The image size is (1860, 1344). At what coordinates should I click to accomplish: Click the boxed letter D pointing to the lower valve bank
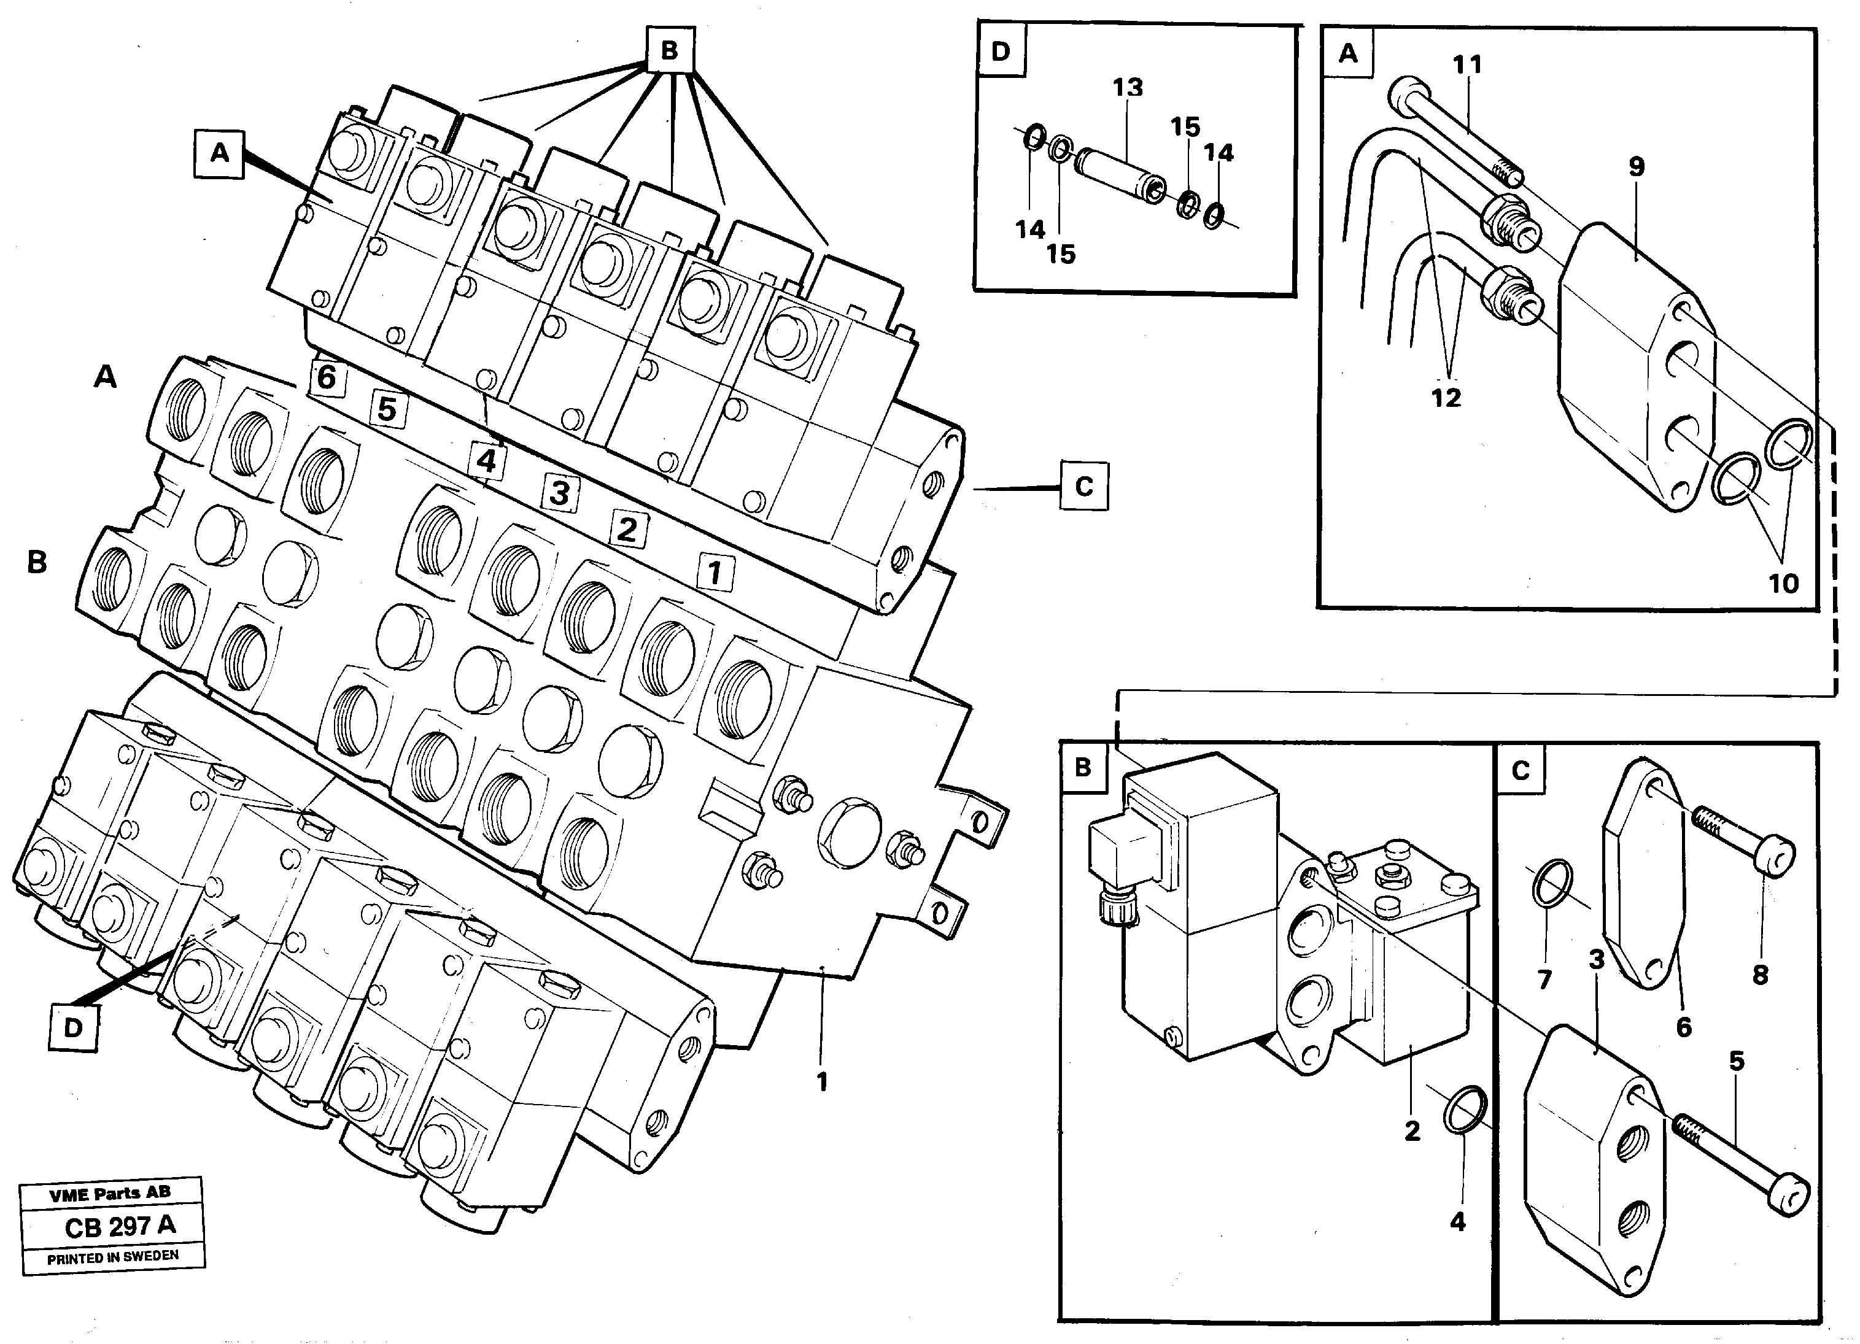point(74,1027)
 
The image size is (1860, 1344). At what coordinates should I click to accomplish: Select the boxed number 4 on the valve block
point(486,460)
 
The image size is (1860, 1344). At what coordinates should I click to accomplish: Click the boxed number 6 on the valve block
point(327,378)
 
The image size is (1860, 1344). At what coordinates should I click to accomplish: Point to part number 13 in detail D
point(1128,88)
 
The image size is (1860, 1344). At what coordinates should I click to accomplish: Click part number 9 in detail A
point(1636,168)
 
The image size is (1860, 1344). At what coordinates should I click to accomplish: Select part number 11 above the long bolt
point(1468,65)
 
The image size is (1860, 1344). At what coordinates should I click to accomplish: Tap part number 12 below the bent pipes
point(1446,398)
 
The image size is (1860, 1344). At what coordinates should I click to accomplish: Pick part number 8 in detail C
point(1760,975)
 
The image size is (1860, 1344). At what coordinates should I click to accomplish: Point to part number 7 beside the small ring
point(1545,979)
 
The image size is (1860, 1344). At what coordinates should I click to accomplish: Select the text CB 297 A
point(120,1226)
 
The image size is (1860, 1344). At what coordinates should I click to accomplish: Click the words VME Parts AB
point(110,1195)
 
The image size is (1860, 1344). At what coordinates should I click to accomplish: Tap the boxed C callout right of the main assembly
point(1083,487)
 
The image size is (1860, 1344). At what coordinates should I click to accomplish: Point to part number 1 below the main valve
point(822,1083)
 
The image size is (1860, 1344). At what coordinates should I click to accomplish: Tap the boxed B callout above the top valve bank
point(669,51)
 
